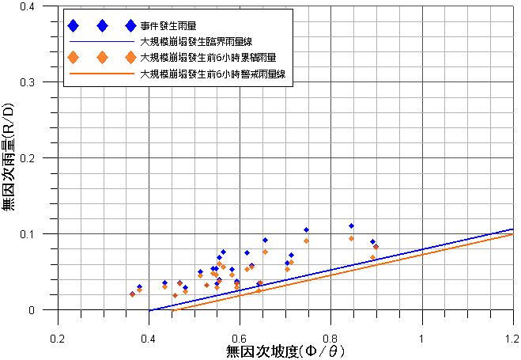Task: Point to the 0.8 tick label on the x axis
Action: pyautogui.click(x=331, y=339)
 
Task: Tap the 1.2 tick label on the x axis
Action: pyautogui.click(x=513, y=339)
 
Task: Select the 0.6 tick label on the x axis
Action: pyautogui.click(x=240, y=339)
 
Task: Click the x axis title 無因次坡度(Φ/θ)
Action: pyautogui.click(x=285, y=350)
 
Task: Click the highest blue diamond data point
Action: pyautogui.click(x=351, y=226)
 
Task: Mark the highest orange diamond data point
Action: pyautogui.click(x=351, y=238)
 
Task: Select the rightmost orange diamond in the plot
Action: pyautogui.click(x=376, y=247)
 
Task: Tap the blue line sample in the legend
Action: pyautogui.click(x=101, y=42)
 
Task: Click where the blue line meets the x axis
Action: pyautogui.click(x=149, y=310)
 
